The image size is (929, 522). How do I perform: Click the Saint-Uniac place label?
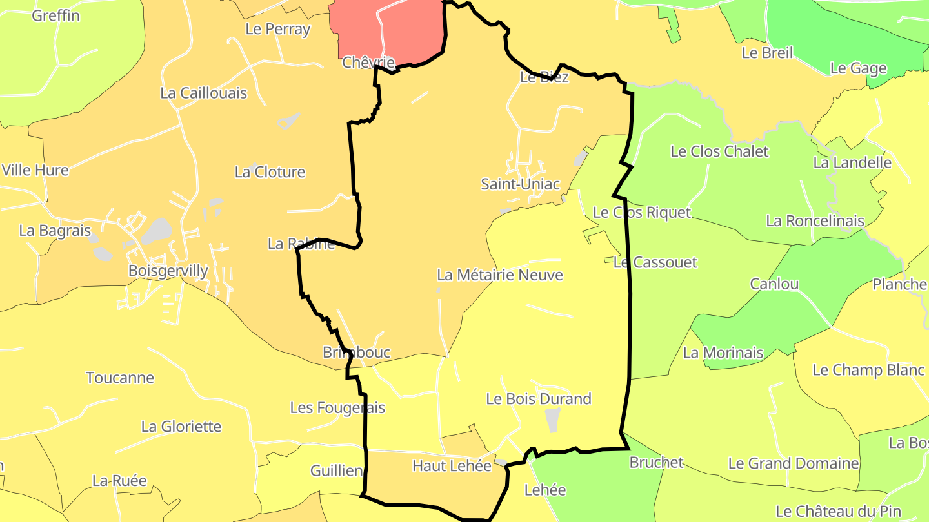pos(520,184)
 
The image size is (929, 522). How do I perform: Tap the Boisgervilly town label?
pos(168,271)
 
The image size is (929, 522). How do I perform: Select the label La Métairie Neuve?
pos(499,275)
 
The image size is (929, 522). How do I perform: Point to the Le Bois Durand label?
pos(538,399)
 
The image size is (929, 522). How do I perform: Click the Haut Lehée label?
pos(452,465)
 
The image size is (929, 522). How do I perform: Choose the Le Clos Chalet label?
pos(719,151)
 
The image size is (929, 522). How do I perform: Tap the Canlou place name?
pos(774,284)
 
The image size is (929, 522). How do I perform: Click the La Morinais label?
pos(723,353)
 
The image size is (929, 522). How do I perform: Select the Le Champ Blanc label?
pos(868,370)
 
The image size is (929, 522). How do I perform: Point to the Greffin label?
pos(56,15)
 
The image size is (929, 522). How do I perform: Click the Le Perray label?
pos(277,29)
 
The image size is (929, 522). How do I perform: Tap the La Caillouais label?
pos(203,93)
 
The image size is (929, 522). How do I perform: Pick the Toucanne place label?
pos(120,378)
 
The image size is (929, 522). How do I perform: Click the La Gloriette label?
pos(181,427)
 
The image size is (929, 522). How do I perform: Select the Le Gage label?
pos(858,68)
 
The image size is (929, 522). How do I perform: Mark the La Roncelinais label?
pos(815,221)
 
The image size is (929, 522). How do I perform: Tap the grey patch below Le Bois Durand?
pos(553,420)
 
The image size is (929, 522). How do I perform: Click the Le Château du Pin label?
pos(838,512)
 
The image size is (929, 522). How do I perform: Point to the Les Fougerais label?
pos(337,408)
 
